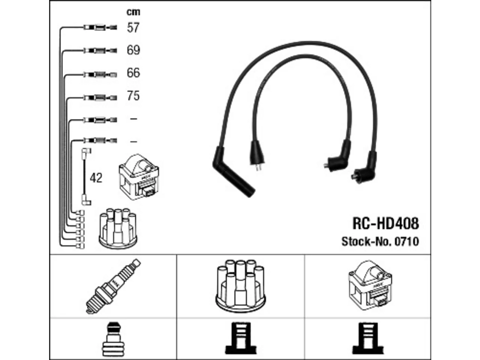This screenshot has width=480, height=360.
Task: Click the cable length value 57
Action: pyautogui.click(x=133, y=28)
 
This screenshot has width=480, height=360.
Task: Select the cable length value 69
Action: pyautogui.click(x=133, y=50)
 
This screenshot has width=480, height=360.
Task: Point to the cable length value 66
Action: pyautogui.click(x=133, y=73)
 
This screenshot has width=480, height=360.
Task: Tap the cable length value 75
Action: pyautogui.click(x=133, y=96)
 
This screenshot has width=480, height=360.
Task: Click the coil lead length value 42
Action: pyautogui.click(x=96, y=178)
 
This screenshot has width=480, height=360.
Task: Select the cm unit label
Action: pyautogui.click(x=133, y=12)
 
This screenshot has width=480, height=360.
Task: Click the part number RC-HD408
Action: pyautogui.click(x=385, y=223)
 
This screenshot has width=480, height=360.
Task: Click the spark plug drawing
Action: pyautogui.click(x=113, y=286)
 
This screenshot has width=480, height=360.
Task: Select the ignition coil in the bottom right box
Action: pyautogui.click(x=370, y=285)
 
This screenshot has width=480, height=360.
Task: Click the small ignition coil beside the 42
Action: pyautogui.click(x=139, y=177)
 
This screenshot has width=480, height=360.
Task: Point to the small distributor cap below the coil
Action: pyautogui.click(x=118, y=228)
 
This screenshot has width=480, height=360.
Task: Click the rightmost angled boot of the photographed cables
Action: pyautogui.click(x=364, y=167)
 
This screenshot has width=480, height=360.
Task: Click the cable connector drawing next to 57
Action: pyautogui.click(x=100, y=28)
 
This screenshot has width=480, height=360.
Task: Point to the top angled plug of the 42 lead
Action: pyautogui.click(x=86, y=152)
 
